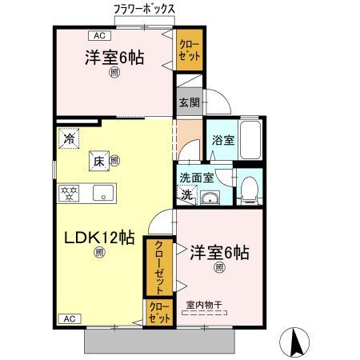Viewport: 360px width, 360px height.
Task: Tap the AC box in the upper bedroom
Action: pos(99,36)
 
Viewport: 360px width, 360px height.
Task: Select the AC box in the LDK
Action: pos(70,319)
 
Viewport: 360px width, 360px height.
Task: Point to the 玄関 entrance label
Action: pos(189,102)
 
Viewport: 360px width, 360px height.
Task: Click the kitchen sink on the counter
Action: pos(102,193)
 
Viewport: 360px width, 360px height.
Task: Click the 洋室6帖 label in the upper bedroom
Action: pos(114,58)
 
